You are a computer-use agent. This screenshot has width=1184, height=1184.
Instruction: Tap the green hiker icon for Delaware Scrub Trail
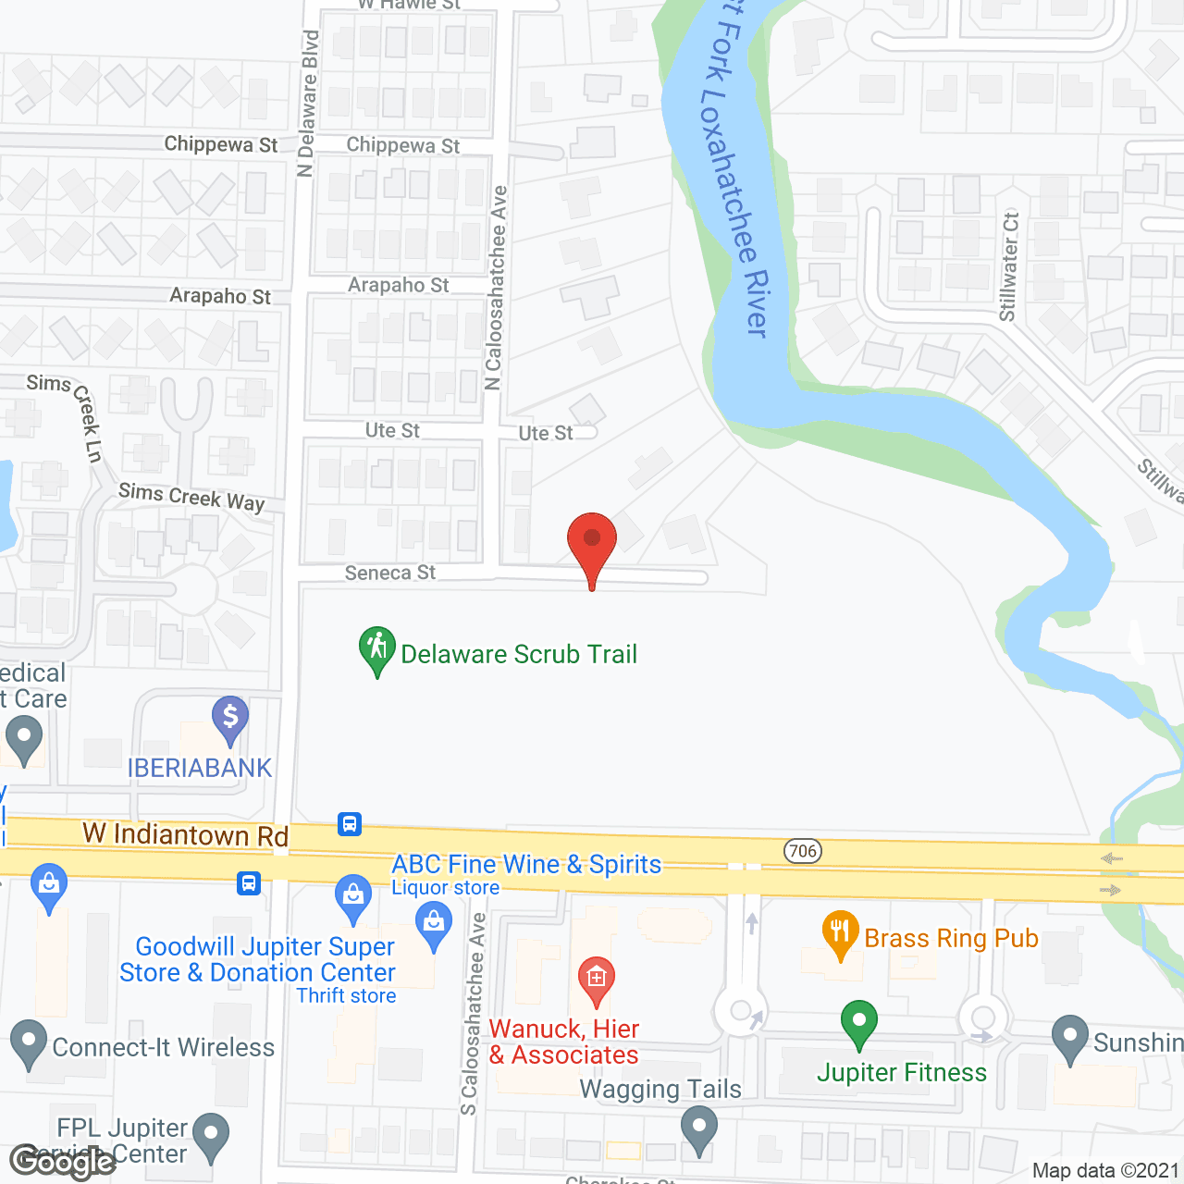tap(377, 647)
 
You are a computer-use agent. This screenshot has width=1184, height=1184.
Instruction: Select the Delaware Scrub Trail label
tap(519, 655)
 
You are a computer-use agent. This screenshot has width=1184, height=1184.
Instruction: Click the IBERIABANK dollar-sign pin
tap(230, 717)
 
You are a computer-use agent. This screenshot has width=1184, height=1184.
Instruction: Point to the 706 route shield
tap(803, 851)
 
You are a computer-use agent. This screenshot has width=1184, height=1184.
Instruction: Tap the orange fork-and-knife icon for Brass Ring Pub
tap(840, 932)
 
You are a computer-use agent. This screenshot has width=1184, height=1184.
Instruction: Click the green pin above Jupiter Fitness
tap(859, 1021)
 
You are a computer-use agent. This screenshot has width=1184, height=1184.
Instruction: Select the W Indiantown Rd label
tap(186, 834)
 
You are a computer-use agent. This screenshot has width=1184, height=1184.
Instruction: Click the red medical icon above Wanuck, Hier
tap(597, 977)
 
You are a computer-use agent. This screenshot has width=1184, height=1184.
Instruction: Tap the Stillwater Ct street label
tap(1009, 267)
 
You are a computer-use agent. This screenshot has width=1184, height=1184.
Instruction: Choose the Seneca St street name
tap(389, 573)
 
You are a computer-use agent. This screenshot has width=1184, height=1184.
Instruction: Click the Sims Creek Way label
tap(191, 497)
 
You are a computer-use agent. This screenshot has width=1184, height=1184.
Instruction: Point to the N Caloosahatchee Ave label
tap(497, 288)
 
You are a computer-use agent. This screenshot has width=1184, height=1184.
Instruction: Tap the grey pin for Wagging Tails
tap(699, 1129)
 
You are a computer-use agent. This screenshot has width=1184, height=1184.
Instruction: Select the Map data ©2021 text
tap(1105, 1171)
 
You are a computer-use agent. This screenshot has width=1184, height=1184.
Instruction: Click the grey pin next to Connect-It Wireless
tap(28, 1042)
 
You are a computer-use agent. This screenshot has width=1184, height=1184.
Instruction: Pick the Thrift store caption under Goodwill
tap(346, 996)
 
